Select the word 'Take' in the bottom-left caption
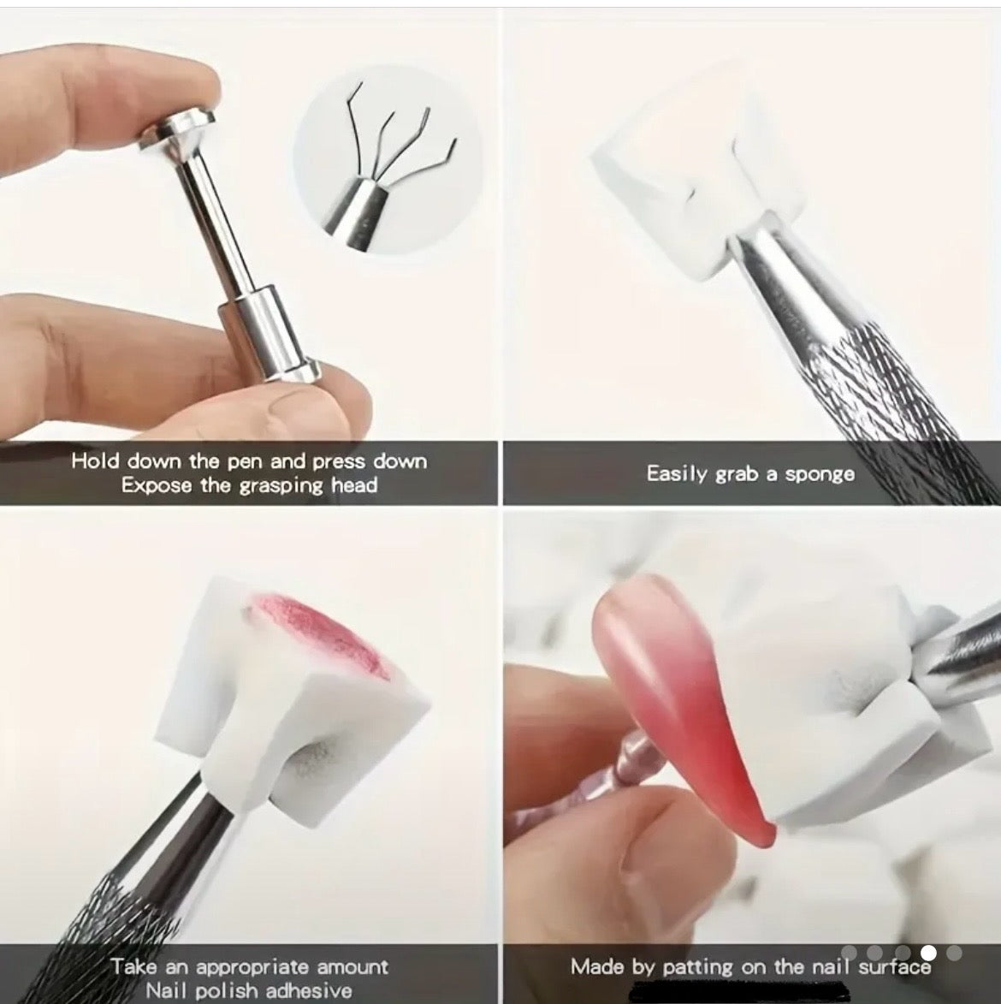coord(132,966)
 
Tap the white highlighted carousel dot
coord(928,953)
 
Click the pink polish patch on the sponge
coord(317,638)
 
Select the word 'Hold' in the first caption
coord(95,461)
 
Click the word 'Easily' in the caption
coord(676,473)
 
